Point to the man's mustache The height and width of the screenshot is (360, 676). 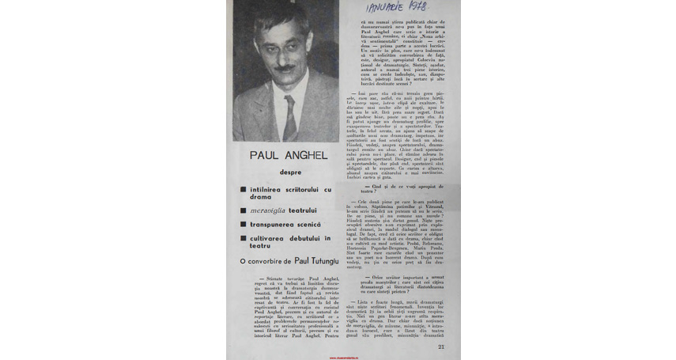[285, 68]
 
